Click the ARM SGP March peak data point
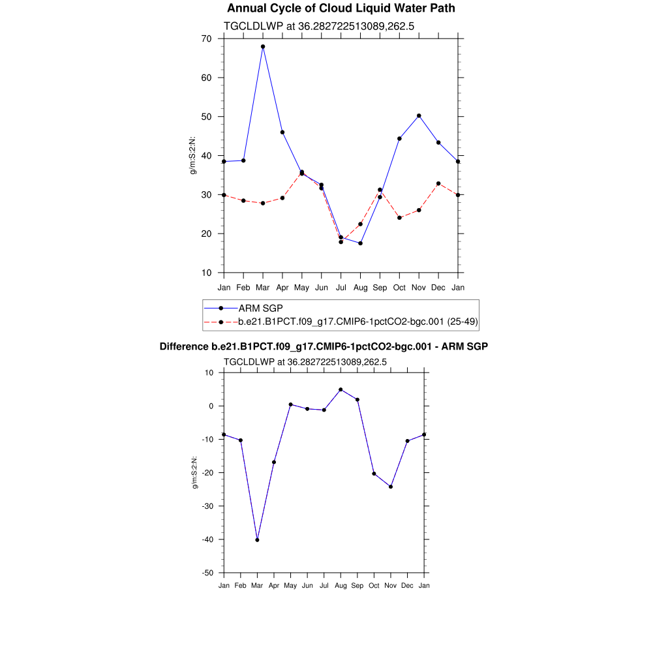click(x=263, y=47)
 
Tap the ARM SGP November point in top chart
click(x=419, y=115)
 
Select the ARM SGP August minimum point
click(x=360, y=243)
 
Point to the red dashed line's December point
click(x=438, y=183)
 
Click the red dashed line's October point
click(x=399, y=218)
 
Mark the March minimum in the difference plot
click(x=257, y=540)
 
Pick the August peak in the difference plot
click(x=341, y=389)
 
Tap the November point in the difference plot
click(x=391, y=487)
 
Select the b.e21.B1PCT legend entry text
click(x=358, y=322)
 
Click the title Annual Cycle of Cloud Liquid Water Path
click(x=341, y=8)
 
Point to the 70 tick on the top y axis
click(x=206, y=39)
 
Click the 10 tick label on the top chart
click(x=206, y=273)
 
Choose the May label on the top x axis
click(x=301, y=288)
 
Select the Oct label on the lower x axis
click(x=374, y=586)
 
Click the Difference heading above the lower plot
click(x=324, y=347)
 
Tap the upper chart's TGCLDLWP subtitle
click(x=320, y=27)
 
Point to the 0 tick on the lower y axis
click(x=211, y=406)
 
